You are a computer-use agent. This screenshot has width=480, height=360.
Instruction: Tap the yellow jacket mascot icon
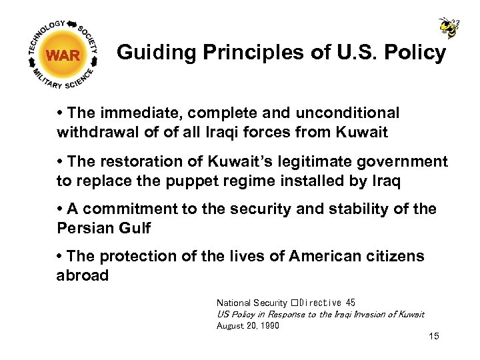click(x=448, y=27)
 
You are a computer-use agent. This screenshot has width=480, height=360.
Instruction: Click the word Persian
click(x=85, y=228)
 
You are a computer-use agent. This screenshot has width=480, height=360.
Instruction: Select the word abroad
click(x=83, y=275)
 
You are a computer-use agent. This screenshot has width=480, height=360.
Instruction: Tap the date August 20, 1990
click(x=248, y=325)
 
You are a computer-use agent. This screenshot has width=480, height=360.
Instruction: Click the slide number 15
click(x=434, y=336)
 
